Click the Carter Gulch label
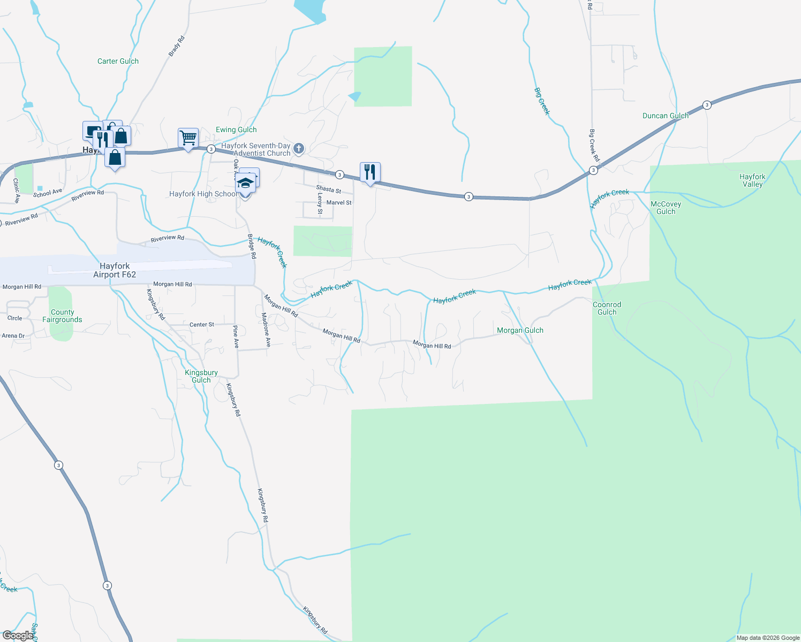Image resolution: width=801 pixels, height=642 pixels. click(x=118, y=62)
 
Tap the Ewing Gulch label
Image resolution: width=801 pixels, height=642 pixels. click(x=236, y=130)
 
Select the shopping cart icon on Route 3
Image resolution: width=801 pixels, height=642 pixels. click(x=188, y=138)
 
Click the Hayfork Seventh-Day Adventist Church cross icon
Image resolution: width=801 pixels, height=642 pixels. click(x=299, y=148)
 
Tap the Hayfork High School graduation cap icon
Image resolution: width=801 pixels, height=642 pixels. click(x=245, y=183)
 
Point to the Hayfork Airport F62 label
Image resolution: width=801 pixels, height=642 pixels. click(x=115, y=270)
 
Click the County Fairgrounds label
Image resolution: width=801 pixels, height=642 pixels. click(x=62, y=316)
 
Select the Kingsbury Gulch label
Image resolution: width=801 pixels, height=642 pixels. click(x=201, y=376)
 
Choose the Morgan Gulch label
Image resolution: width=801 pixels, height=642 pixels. click(x=520, y=331)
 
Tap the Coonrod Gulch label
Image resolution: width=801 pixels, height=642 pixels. click(x=607, y=309)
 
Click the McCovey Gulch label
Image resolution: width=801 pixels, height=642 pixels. click(x=666, y=208)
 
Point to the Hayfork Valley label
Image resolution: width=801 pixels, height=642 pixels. click(x=752, y=180)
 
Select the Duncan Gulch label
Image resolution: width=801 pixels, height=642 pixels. click(x=666, y=116)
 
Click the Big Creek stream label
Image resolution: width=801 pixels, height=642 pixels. click(x=542, y=102)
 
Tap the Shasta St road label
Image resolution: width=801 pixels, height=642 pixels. click(x=328, y=189)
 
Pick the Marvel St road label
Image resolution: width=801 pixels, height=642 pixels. click(x=339, y=203)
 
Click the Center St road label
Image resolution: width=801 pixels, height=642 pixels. click(x=201, y=325)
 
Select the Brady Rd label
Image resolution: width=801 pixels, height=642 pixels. click(x=176, y=46)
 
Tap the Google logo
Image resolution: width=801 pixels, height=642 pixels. click(x=18, y=636)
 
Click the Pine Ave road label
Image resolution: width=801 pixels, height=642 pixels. click(x=236, y=337)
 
